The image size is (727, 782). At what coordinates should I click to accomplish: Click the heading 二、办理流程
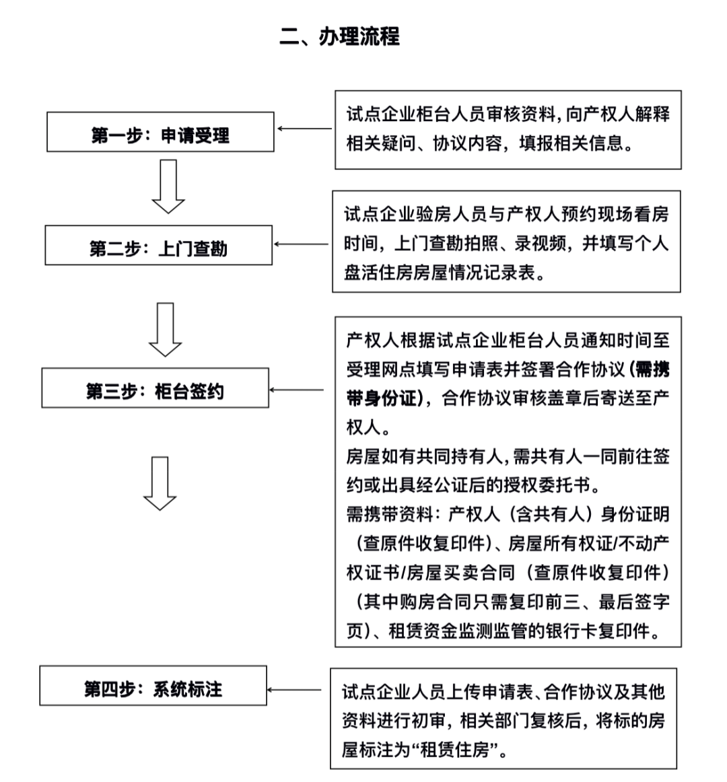[x=340, y=36]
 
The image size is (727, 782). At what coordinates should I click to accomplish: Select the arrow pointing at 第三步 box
[x=297, y=389]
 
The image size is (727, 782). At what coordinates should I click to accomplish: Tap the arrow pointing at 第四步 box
[x=295, y=689]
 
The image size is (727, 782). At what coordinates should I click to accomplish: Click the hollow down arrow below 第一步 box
[x=168, y=186]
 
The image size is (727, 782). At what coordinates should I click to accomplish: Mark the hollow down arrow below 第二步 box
[x=166, y=329]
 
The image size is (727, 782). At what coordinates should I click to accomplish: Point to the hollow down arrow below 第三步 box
[x=160, y=483]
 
